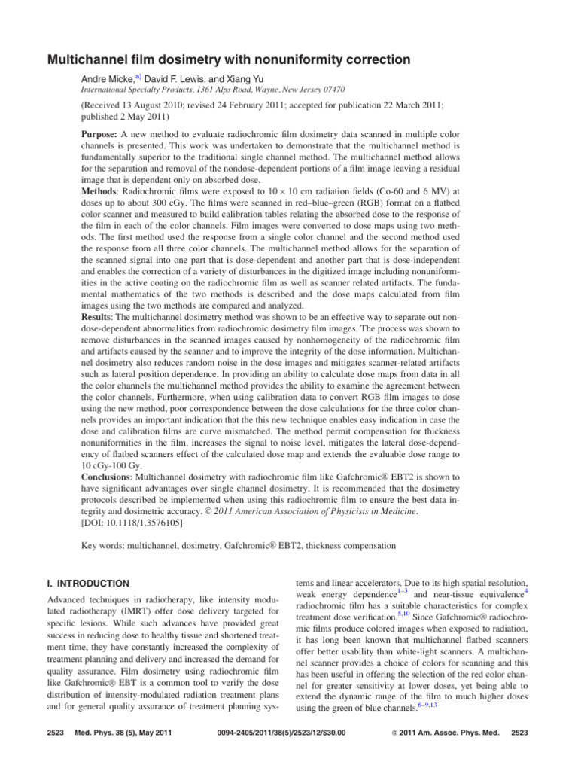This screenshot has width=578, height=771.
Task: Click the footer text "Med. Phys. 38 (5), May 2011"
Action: pyautogui.click(x=120, y=752)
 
